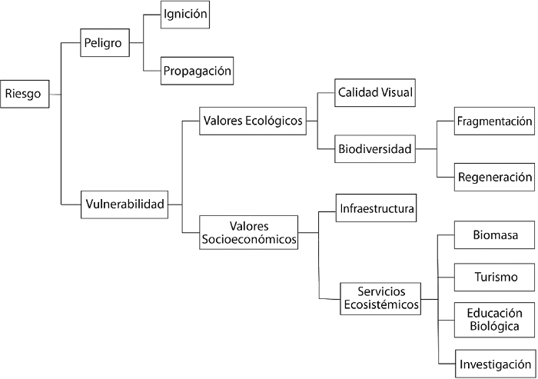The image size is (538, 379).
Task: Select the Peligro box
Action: [x=105, y=43]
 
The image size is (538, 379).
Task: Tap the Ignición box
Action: [x=185, y=14]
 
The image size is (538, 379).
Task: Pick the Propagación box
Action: [x=197, y=71]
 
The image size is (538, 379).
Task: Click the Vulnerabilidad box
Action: [x=125, y=204]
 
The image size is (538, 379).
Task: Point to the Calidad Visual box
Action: [x=377, y=93]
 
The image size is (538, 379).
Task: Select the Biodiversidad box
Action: [x=375, y=148]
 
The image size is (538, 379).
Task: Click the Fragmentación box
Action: [x=494, y=121]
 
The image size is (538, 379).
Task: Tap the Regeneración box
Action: [x=494, y=176]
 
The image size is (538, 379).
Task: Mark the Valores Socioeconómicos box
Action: [x=248, y=232]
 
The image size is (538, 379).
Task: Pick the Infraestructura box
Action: [x=377, y=208]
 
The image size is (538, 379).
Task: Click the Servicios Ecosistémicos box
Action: [x=381, y=298]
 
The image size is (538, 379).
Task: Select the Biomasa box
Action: [x=494, y=236]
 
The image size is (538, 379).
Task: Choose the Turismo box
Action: [x=494, y=276]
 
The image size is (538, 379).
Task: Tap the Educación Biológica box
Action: [x=494, y=319]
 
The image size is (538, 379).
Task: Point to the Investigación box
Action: [x=494, y=363]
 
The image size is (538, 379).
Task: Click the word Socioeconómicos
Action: [x=248, y=239]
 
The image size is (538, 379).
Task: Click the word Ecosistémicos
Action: [x=381, y=305]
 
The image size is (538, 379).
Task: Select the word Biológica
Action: [x=494, y=326]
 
